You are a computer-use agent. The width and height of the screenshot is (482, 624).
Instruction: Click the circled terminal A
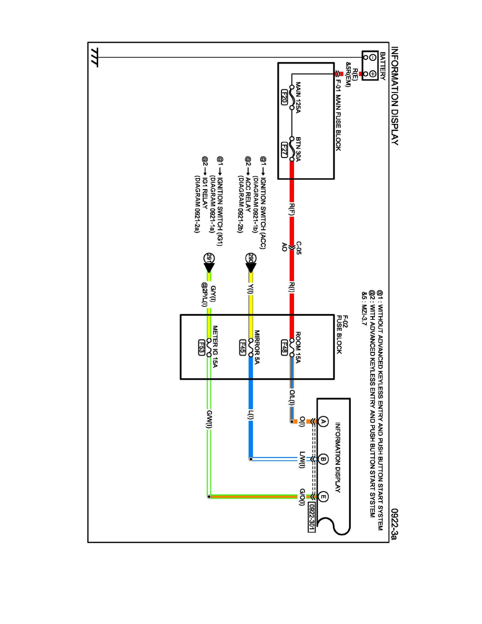(323, 422)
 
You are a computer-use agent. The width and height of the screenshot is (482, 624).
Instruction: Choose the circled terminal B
(323, 459)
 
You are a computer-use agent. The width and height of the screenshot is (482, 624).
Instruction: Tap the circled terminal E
(323, 496)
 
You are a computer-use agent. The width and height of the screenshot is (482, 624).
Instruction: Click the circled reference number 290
(250, 258)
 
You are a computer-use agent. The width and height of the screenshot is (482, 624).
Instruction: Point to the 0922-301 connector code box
(310, 517)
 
